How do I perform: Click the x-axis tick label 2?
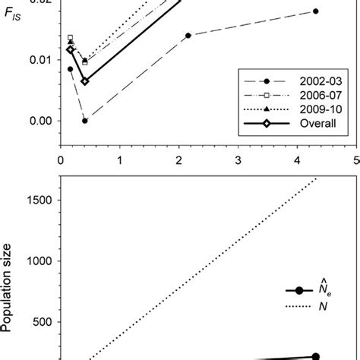coord(179,160)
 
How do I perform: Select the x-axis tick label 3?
coord(239,160)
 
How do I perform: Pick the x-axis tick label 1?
coord(120,160)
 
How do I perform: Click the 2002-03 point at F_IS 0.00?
coord(85,121)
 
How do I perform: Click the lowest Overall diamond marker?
coord(85,81)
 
